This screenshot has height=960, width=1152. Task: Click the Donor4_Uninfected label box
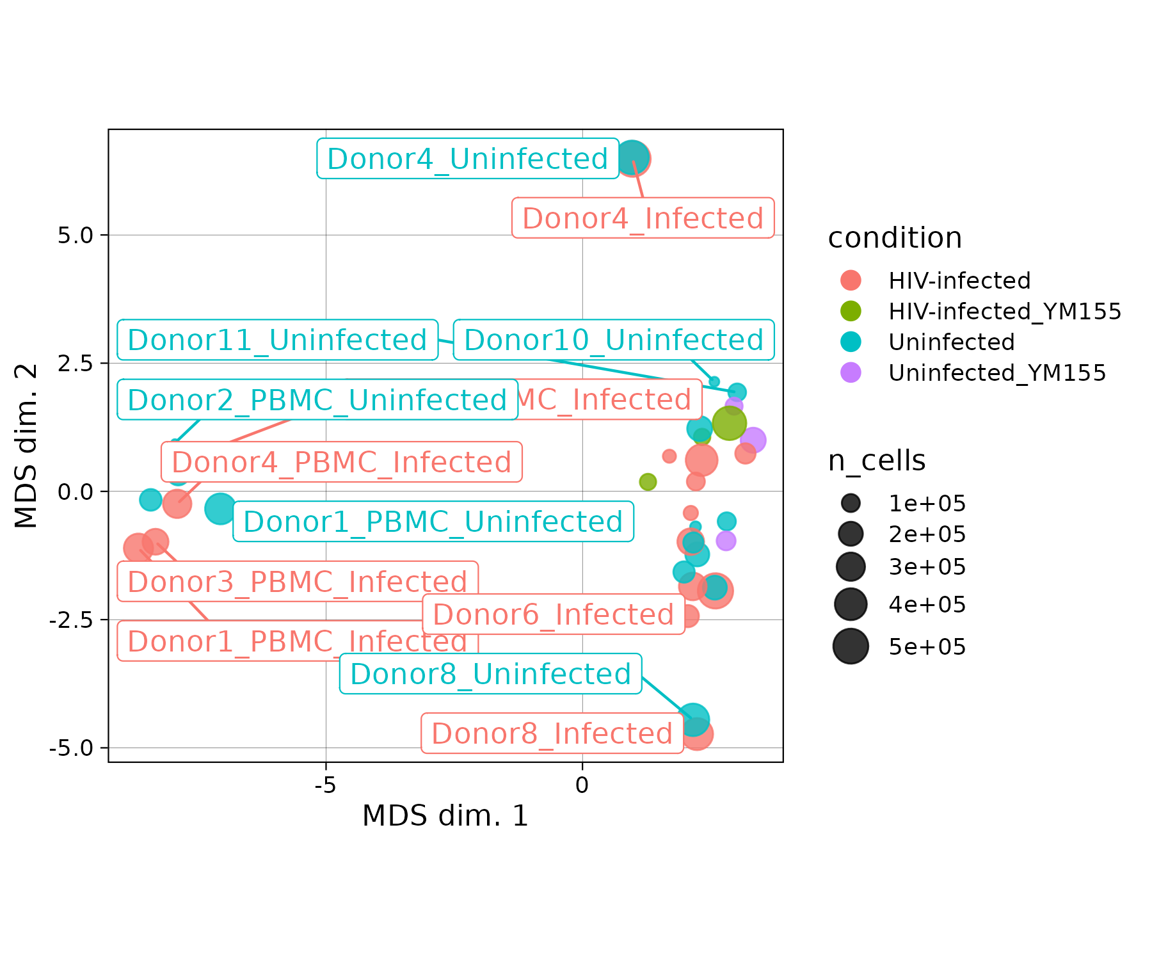468,159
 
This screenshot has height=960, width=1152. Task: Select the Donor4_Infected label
643,218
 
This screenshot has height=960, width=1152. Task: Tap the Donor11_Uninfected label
277,340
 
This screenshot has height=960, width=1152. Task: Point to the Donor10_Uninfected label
614,340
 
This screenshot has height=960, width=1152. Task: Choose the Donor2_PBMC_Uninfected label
317,400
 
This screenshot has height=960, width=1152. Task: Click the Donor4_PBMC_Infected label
342,462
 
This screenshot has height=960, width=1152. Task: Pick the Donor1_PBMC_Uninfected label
433,522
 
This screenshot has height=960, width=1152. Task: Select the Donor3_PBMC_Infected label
298,582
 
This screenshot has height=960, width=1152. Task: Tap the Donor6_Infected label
554,614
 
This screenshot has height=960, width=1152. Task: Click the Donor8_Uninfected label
490,674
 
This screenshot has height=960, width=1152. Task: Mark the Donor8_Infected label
552,733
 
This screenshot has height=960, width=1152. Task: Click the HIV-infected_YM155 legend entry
1005,312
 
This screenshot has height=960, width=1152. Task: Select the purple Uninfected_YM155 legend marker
851,372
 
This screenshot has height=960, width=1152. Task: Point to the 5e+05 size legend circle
851,646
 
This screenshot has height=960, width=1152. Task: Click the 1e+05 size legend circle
851,504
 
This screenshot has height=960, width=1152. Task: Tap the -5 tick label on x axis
325,785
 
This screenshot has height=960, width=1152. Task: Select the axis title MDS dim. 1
445,816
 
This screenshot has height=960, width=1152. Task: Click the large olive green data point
729,423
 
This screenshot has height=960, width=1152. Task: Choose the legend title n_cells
876,461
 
